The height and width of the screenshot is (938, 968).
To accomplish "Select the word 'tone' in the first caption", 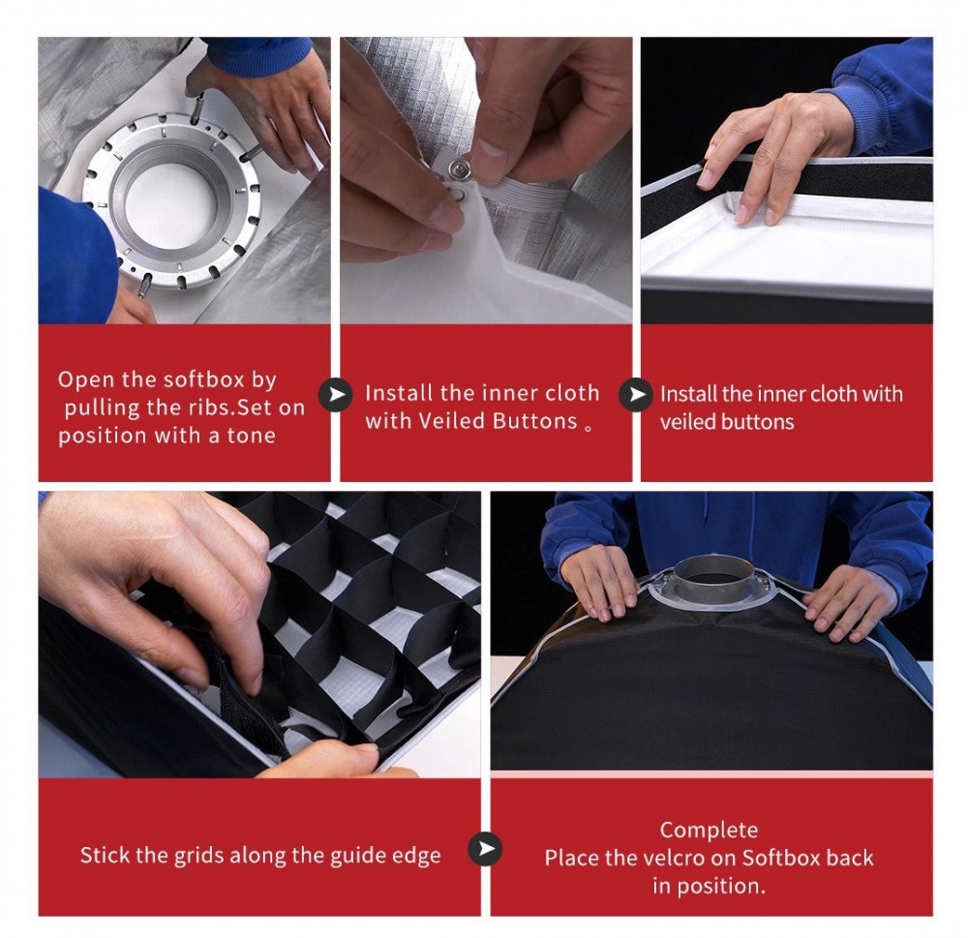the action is [252, 436].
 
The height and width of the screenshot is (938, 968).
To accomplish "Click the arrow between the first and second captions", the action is [335, 394].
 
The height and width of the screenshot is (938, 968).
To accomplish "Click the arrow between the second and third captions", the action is [636, 394].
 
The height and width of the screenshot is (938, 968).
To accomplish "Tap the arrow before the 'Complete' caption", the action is [485, 849].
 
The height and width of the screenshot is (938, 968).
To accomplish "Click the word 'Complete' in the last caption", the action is [709, 830].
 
